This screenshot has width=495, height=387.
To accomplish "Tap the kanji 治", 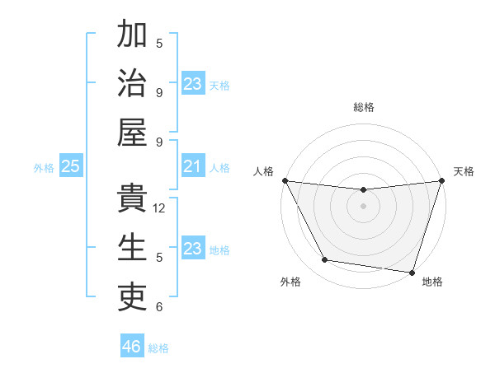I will (132, 83).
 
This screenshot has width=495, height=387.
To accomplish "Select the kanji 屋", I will (132, 132).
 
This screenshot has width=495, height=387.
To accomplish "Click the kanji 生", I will (132, 248).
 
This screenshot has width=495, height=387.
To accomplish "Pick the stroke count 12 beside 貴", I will (160, 208).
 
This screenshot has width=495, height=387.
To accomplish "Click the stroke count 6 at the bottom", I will (159, 307).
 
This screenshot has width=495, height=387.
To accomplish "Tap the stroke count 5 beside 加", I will (159, 44).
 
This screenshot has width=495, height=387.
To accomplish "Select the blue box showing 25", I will (70, 167).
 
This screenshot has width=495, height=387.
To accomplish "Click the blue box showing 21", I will (192, 167).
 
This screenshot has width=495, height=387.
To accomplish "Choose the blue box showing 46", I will (131, 347).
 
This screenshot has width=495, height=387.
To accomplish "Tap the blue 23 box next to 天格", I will (192, 84).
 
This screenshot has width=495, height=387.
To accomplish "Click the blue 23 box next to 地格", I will (192, 249).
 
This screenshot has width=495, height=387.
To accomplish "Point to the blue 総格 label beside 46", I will (158, 348).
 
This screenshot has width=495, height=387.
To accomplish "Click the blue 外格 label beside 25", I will (44, 168).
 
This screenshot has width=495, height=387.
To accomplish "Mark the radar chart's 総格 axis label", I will (363, 107).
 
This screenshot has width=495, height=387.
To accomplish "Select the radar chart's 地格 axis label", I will (432, 282).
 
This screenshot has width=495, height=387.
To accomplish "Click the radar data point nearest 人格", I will (285, 180).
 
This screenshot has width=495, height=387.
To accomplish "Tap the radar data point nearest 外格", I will (324, 260).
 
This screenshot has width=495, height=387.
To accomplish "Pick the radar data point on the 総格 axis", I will (363, 191).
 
